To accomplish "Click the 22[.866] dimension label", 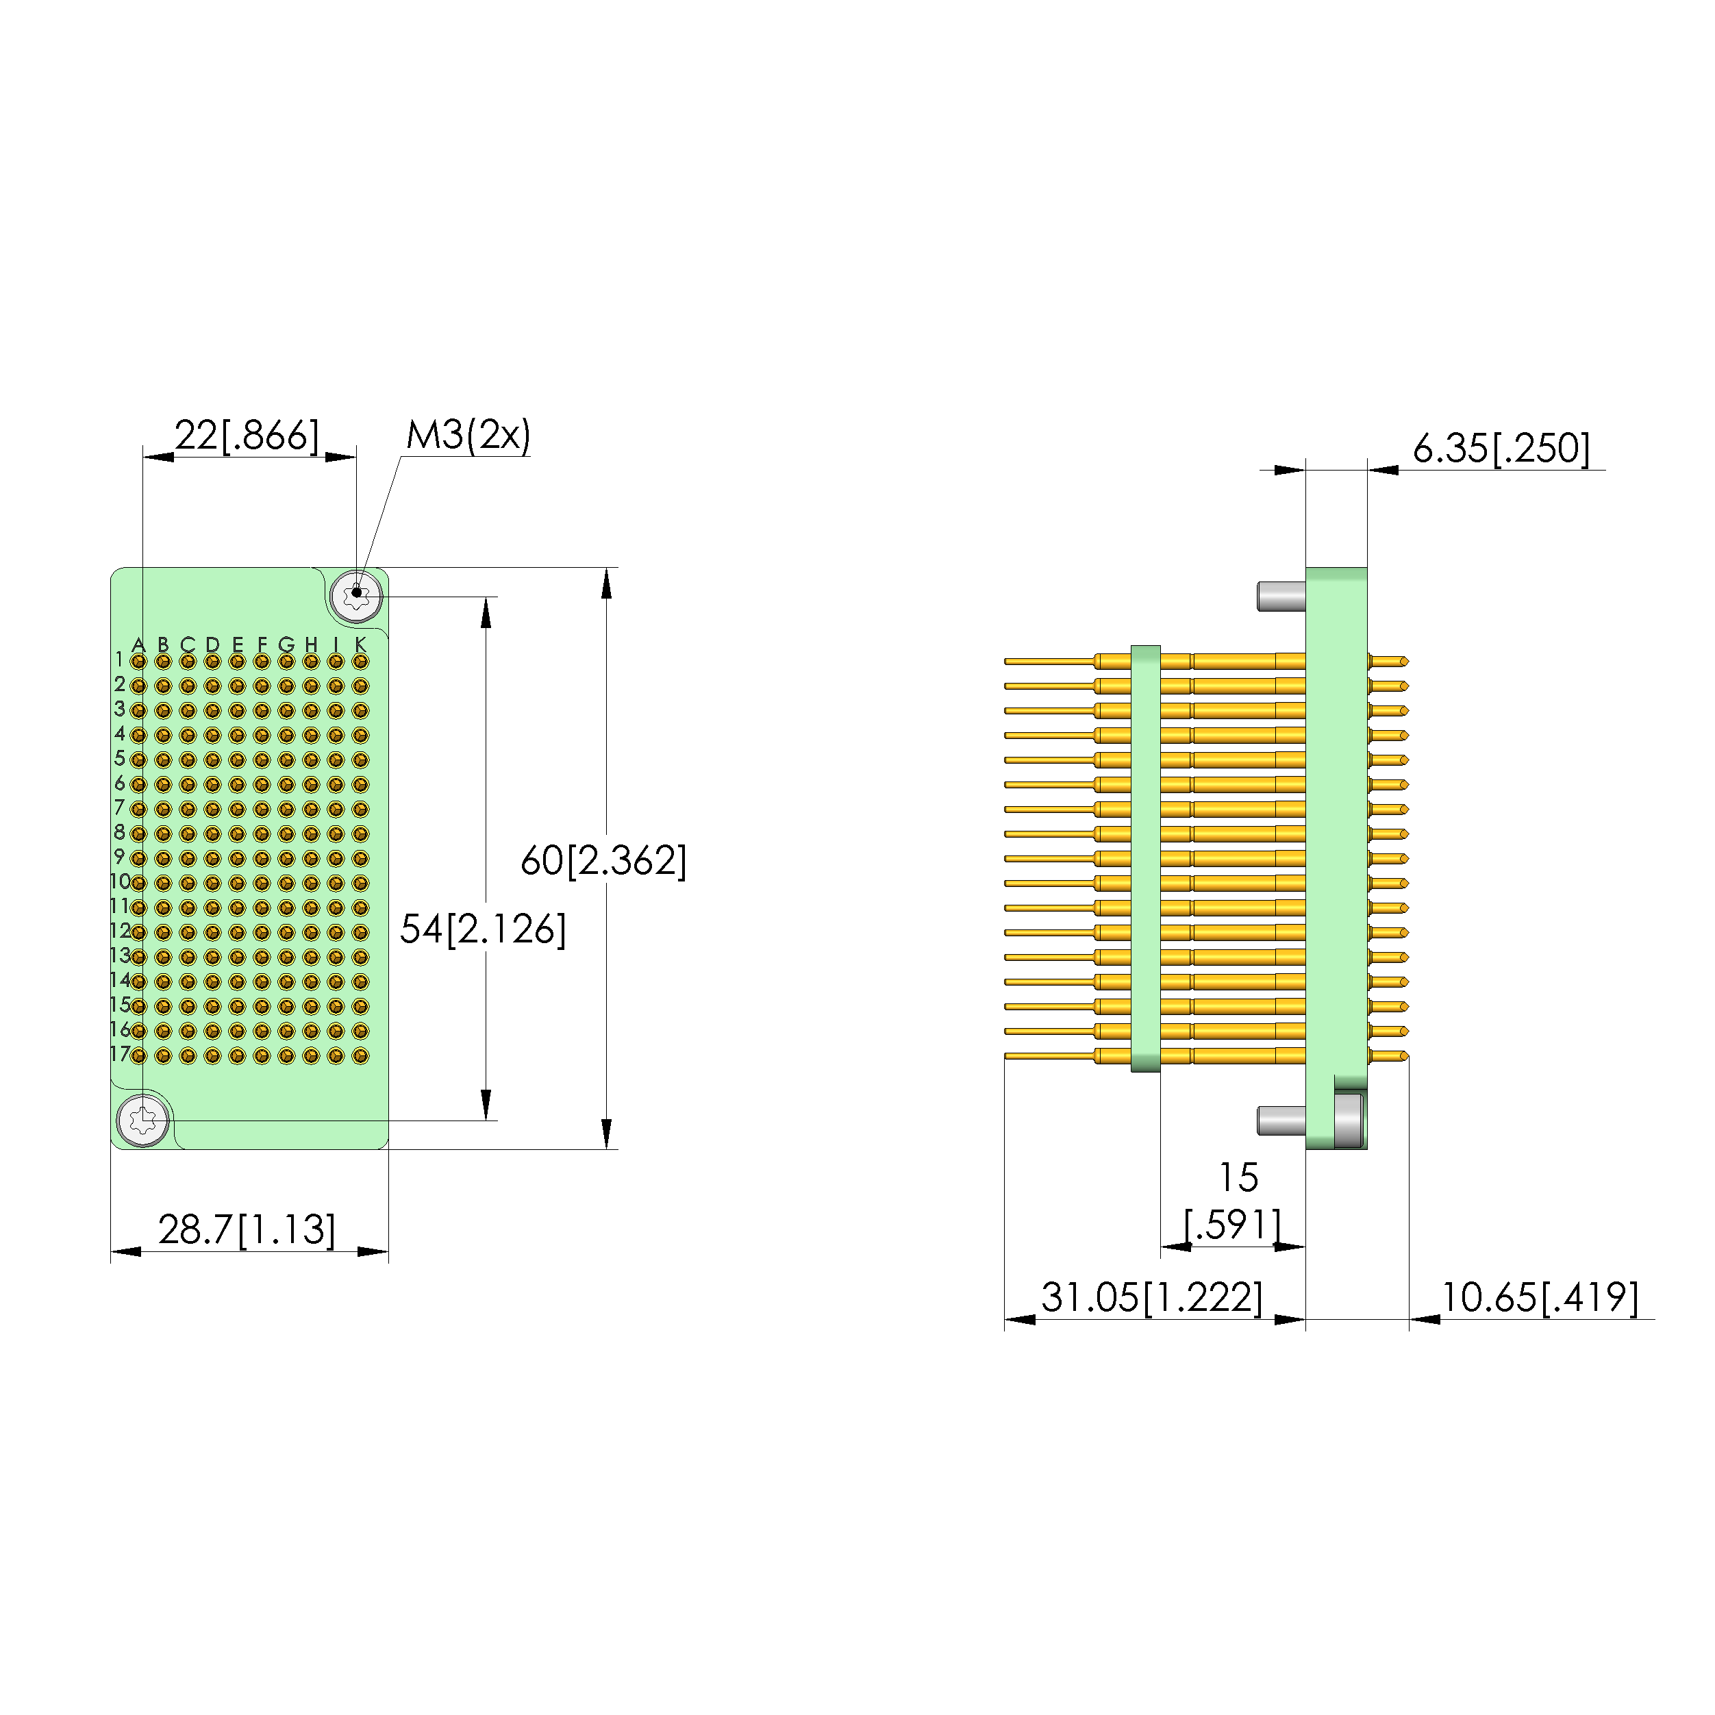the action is coord(246,436).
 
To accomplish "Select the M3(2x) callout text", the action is coord(468,435).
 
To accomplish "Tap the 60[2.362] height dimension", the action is coord(603,860).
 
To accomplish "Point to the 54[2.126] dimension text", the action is coord(483,929).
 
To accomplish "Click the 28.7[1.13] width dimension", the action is coord(247,1229).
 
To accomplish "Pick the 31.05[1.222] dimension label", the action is coord(1151,1298).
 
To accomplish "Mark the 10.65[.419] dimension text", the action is coord(1539,1298).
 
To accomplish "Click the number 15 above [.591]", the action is coord(1238,1178).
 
